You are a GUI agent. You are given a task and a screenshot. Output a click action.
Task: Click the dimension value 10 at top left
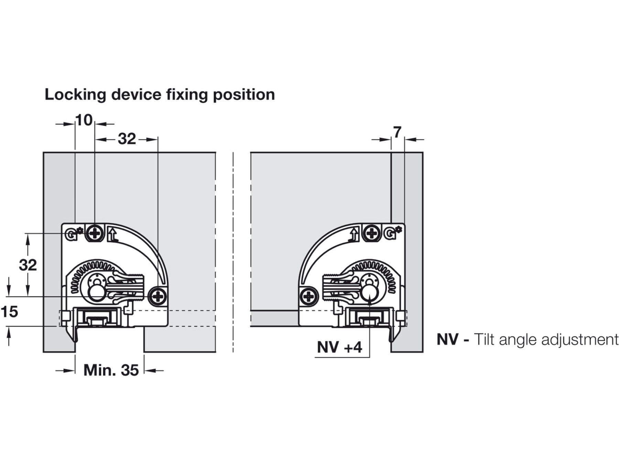tap(84, 121)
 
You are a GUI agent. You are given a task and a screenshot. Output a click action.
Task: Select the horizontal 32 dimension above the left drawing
tap(127, 139)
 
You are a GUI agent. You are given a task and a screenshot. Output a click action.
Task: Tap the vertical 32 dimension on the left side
tap(28, 265)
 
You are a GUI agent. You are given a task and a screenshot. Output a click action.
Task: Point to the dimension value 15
tap(9, 312)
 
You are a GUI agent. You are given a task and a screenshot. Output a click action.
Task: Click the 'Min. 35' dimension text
tap(111, 371)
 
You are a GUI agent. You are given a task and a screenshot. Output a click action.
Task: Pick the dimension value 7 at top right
tap(397, 132)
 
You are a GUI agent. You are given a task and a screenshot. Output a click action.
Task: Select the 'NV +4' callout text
tap(339, 347)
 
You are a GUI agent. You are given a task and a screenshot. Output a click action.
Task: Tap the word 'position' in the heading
tap(244, 95)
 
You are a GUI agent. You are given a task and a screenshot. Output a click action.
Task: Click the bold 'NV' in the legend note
tap(448, 340)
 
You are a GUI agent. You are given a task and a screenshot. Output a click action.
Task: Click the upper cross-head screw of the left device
tap(95, 234)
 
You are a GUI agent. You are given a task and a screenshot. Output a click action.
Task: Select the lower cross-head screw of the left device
tap(158, 296)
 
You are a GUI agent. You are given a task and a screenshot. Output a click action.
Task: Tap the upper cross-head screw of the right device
tap(372, 234)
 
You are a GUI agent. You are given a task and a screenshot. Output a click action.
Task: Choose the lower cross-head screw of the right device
tap(309, 296)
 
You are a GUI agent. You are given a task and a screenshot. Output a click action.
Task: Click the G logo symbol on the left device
tap(71, 235)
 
